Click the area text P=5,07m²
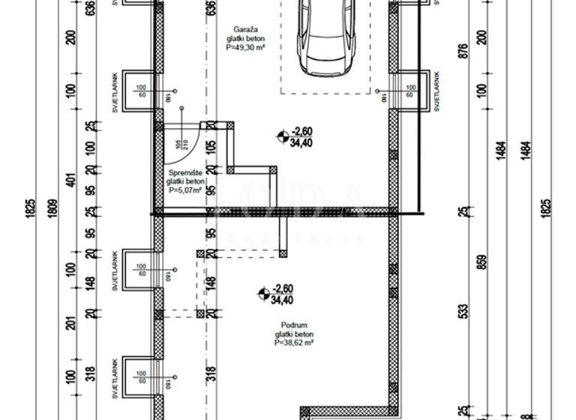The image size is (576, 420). [x=185, y=190]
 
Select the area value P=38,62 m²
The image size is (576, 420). [x=293, y=343]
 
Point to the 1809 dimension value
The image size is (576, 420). [x=52, y=208]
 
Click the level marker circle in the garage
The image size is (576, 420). [x=281, y=136]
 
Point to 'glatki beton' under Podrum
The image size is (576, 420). [x=293, y=334]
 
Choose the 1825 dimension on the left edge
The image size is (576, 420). [x=31, y=208]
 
